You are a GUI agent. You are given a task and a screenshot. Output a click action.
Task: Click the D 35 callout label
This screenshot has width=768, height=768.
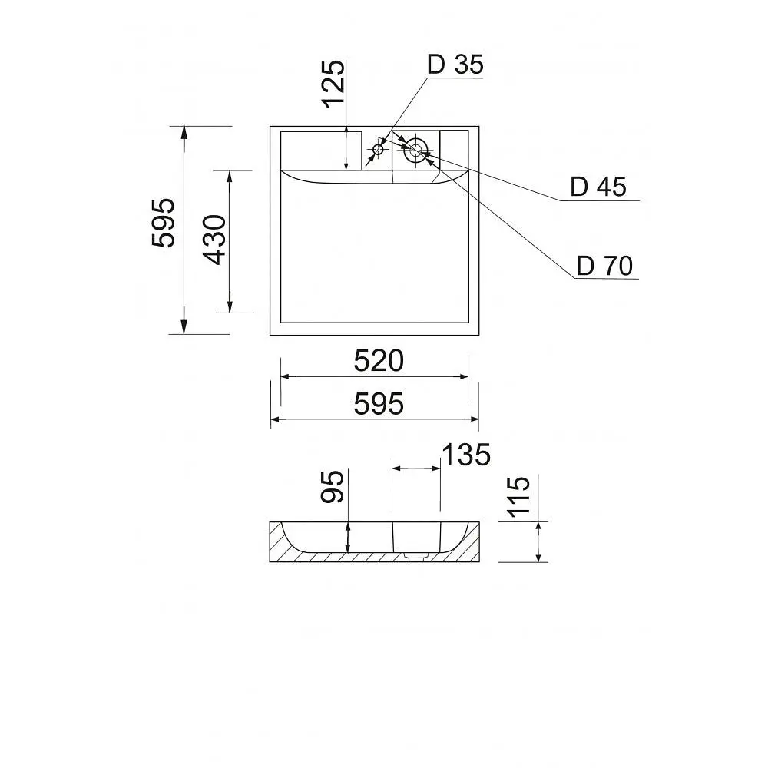coord(455,65)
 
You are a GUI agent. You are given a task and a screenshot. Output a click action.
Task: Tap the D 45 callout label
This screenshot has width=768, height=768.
coord(598,187)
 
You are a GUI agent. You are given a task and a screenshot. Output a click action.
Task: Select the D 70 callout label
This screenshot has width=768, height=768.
coord(604,266)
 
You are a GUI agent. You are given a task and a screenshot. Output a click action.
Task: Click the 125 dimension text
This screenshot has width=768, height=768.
coord(333,83)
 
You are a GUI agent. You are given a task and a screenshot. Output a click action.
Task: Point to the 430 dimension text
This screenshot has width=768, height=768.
coord(215,240)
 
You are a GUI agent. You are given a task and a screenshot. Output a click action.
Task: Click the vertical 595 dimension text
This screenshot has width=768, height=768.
coord(163,223)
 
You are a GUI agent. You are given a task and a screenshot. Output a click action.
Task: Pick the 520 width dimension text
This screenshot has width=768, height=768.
coord(379,361)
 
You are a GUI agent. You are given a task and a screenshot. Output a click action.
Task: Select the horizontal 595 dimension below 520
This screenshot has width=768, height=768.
coord(379,405)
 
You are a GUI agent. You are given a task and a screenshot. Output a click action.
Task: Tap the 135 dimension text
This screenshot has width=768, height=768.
coord(466,455)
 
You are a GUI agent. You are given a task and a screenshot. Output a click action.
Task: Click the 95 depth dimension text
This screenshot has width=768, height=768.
coord(333,486)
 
